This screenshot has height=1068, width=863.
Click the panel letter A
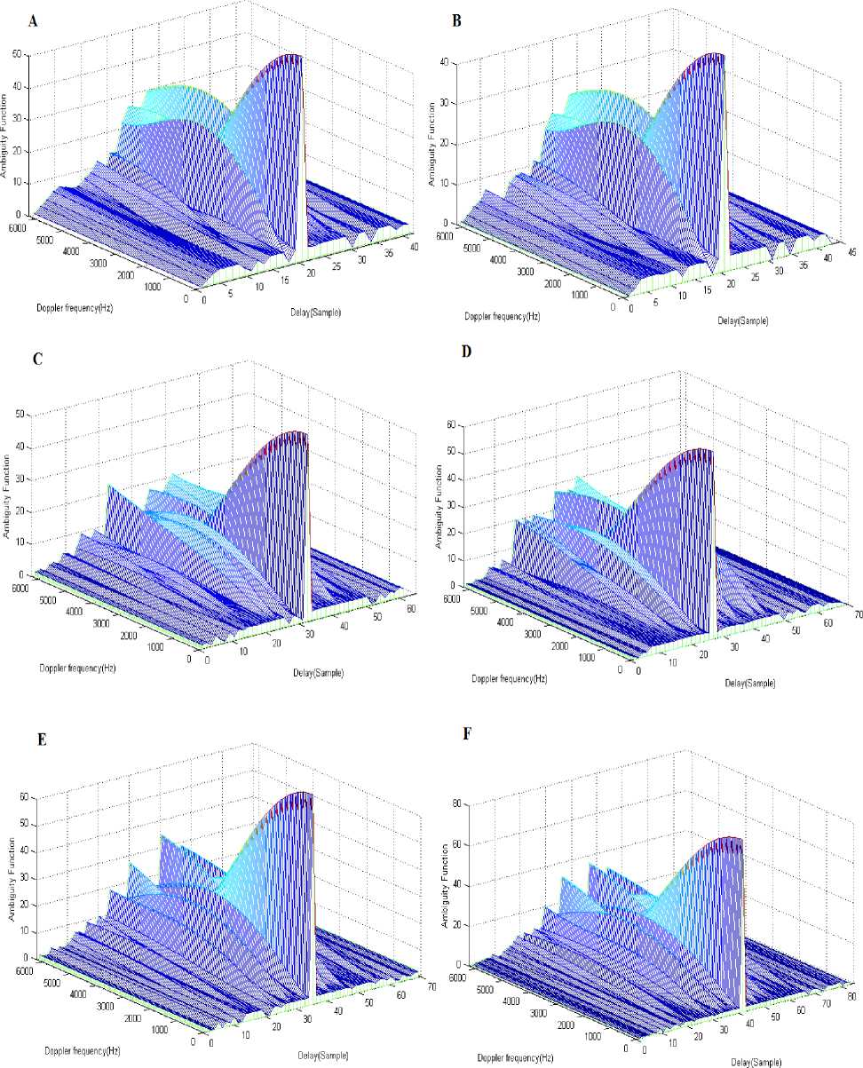coord(33,20)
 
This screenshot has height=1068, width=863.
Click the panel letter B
coord(456,20)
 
